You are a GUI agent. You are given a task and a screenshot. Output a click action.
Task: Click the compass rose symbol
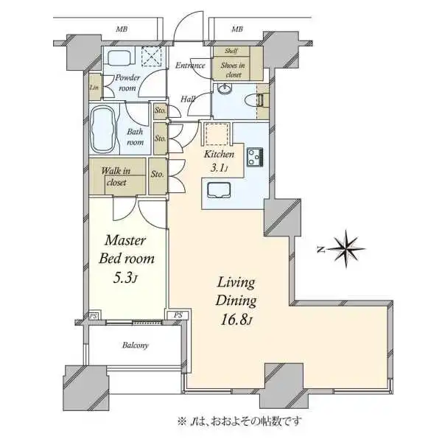(x=347, y=249)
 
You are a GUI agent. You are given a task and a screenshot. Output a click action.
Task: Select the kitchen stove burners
(x=255, y=157)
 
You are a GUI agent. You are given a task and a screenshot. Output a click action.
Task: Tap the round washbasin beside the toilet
(x=225, y=90)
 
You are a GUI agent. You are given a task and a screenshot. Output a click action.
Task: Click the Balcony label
(x=136, y=345)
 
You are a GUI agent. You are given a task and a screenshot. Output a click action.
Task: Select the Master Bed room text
(x=127, y=250)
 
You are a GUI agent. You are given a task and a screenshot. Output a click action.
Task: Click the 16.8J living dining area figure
(x=236, y=320)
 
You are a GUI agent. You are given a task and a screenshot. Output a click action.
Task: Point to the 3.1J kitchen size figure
(x=219, y=168)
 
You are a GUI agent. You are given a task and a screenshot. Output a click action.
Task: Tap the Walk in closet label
(x=116, y=177)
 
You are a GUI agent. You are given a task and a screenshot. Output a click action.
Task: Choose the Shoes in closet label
(x=233, y=70)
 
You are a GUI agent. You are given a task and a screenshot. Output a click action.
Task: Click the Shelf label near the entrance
(x=231, y=51)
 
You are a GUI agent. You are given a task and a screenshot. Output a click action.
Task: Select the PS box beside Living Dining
(x=178, y=315)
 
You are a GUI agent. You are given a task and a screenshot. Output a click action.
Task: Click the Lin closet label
(x=94, y=88)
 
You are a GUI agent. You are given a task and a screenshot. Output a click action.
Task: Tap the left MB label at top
(x=122, y=29)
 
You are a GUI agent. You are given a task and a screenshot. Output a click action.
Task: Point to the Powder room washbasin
(x=118, y=57)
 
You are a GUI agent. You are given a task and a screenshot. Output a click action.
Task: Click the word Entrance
(x=190, y=66)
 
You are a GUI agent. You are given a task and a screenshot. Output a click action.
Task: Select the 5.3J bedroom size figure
(x=125, y=278)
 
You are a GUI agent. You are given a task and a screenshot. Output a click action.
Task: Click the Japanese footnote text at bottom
(x=239, y=421)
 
